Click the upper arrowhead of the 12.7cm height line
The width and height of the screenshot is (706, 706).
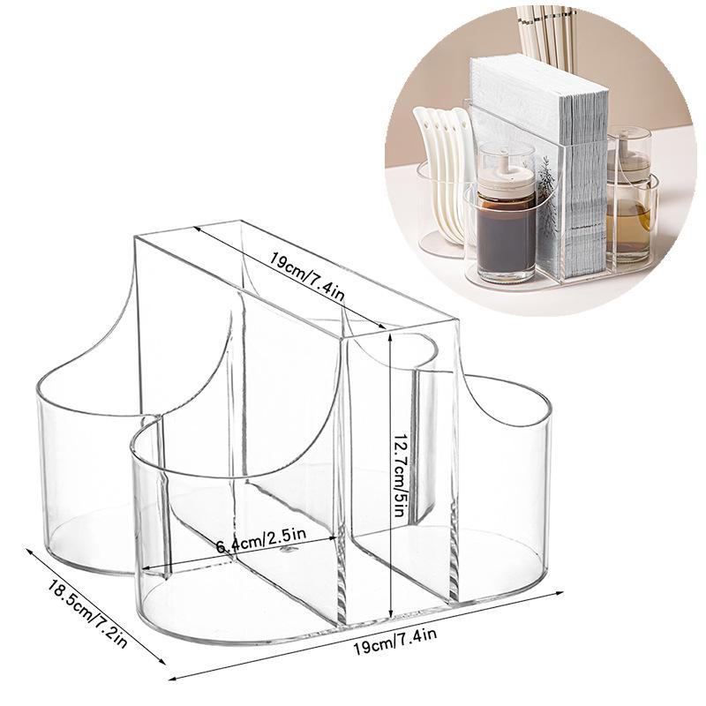(x=389, y=335)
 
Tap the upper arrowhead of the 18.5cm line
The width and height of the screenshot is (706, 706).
(x=28, y=548)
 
